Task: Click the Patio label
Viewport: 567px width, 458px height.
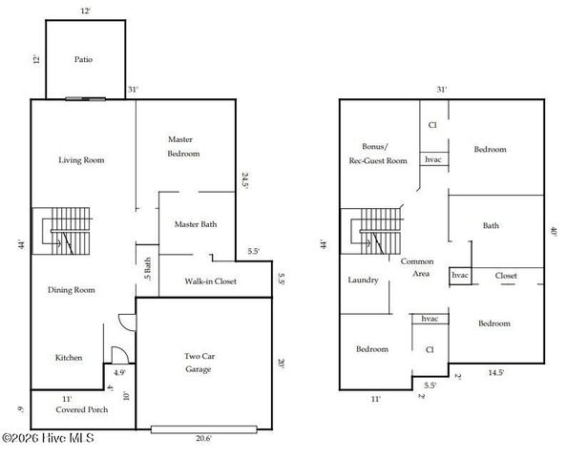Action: click(x=85, y=59)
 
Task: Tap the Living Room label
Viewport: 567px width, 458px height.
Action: click(x=81, y=160)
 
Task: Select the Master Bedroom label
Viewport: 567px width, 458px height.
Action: click(x=183, y=146)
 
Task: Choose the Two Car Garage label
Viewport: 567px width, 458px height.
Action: click(x=199, y=363)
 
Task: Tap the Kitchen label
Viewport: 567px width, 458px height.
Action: click(x=68, y=358)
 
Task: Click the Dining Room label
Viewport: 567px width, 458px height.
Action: click(x=73, y=289)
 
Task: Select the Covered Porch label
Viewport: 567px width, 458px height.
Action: click(x=80, y=409)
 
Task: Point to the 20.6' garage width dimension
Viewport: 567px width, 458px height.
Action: click(x=202, y=438)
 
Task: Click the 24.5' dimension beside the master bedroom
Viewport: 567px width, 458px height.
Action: click(x=245, y=180)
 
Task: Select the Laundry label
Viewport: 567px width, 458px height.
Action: click(x=363, y=281)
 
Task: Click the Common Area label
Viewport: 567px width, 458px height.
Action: click(x=417, y=268)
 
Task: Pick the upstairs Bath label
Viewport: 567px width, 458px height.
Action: click(x=491, y=226)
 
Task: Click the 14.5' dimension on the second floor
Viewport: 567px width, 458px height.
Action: click(x=496, y=372)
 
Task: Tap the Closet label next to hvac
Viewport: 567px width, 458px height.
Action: click(x=506, y=276)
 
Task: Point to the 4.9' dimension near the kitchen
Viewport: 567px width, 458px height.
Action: click(x=119, y=372)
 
